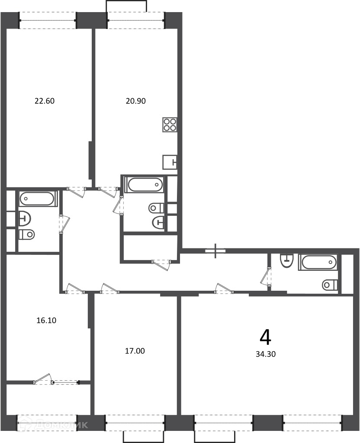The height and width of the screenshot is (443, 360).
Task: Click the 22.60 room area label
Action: (45, 101)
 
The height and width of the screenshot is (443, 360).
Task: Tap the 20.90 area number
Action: (135, 101)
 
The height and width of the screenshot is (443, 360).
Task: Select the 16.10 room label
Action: (46, 321)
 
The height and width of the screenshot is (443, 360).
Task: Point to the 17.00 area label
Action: (135, 351)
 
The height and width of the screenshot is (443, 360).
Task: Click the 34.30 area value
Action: (266, 354)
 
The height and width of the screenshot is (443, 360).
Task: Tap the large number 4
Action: (265, 337)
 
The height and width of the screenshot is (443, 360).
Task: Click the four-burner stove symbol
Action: (170, 125)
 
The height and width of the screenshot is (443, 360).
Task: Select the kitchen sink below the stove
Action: (170, 162)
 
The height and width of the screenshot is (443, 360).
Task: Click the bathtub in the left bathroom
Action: (38, 198)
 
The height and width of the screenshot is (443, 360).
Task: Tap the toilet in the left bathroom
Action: (26, 234)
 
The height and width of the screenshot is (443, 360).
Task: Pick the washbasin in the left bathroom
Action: (25, 218)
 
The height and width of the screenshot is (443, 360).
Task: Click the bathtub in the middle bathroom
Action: (145, 184)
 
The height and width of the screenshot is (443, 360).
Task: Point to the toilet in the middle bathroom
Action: (156, 208)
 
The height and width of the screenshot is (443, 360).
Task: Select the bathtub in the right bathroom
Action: (319, 262)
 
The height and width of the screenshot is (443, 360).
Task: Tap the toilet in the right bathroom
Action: (330, 285)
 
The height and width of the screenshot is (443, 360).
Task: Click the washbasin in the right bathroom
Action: (287, 260)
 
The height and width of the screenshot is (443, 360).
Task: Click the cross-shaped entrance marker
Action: (215, 250)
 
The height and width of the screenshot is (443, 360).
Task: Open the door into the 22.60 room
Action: (77, 192)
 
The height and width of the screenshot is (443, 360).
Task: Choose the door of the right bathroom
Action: (266, 277)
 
